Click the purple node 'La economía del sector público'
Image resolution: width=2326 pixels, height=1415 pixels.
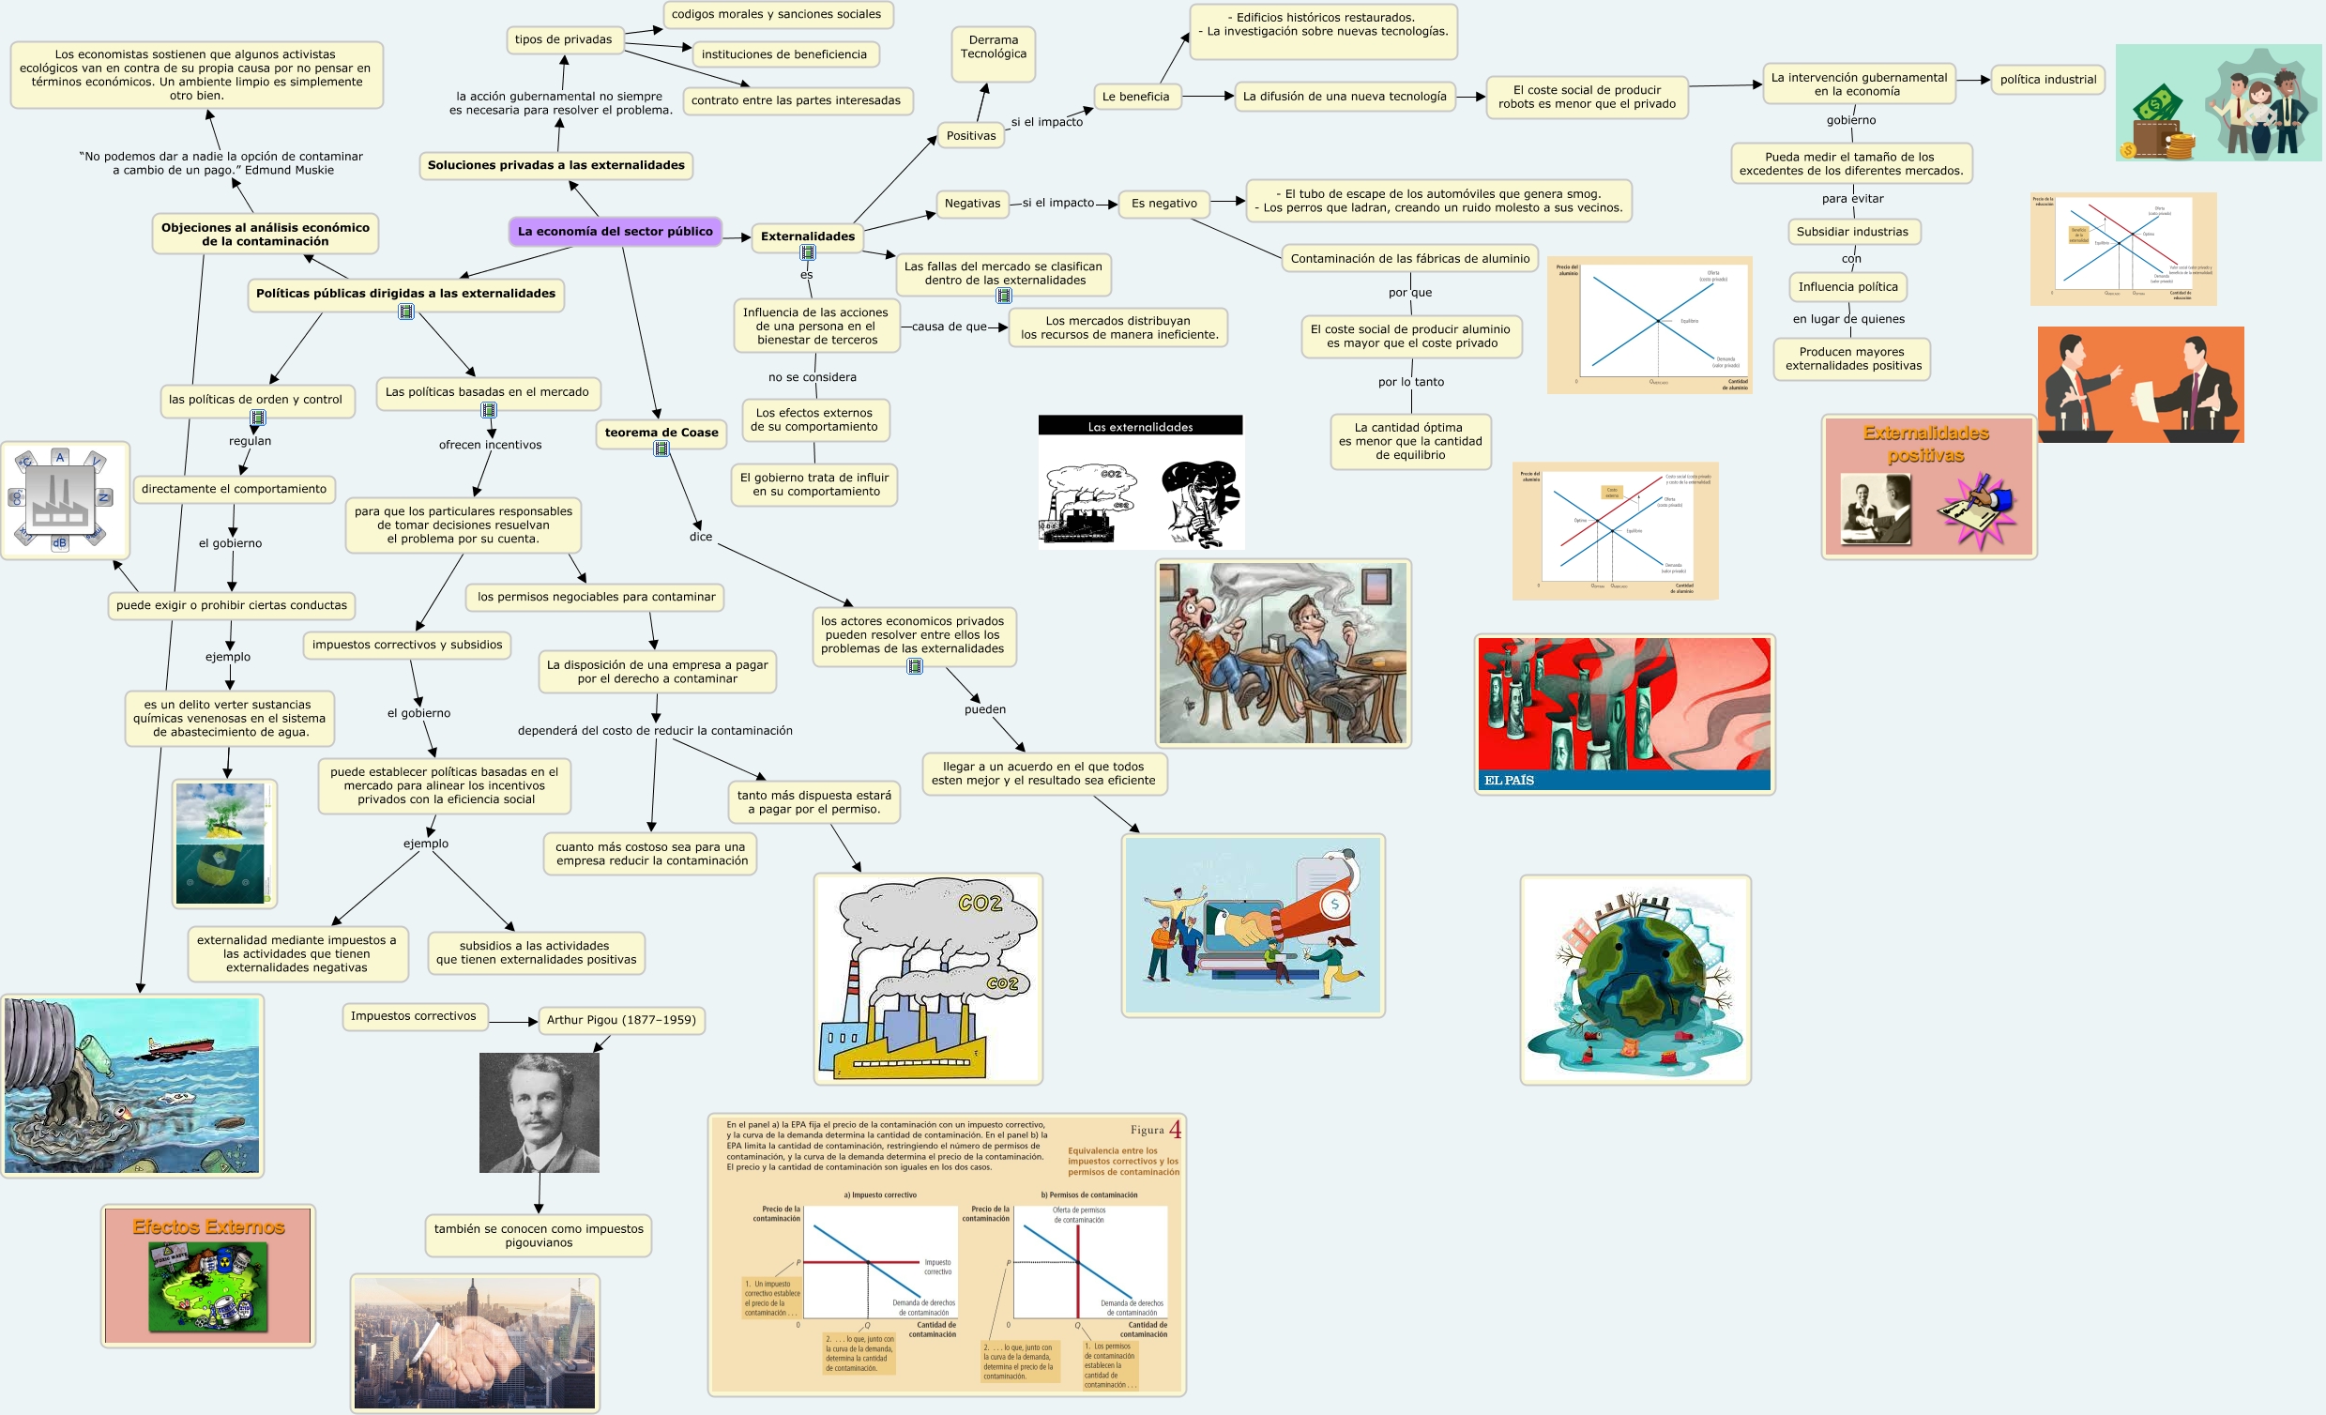click(x=615, y=231)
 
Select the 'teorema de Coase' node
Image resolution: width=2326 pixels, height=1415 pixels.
click(x=661, y=433)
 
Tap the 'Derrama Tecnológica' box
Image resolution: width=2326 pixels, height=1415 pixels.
click(x=993, y=47)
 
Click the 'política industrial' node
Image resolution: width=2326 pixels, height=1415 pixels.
click(x=2047, y=80)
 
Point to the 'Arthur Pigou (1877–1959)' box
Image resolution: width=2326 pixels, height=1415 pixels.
click(x=621, y=1019)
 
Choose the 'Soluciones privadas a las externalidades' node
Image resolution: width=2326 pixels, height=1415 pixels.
click(x=556, y=165)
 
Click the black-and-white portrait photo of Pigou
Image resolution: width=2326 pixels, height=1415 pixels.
click(x=539, y=1112)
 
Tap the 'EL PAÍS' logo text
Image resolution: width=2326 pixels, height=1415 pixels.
click(x=1509, y=780)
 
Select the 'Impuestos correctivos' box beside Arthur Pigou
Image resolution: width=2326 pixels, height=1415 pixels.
click(x=414, y=1015)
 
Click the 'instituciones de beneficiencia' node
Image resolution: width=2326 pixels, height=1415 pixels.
click(x=783, y=54)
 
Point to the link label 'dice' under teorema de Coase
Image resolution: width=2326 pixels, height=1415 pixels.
click(x=701, y=537)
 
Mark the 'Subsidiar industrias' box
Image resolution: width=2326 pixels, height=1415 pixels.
click(x=1852, y=231)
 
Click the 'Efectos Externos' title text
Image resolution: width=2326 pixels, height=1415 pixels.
click(x=208, y=1226)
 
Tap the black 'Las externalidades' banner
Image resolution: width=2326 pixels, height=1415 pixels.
click(x=1140, y=427)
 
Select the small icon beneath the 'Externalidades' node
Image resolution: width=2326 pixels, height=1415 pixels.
click(x=808, y=253)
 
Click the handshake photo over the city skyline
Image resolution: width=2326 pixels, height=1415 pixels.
click(x=475, y=1343)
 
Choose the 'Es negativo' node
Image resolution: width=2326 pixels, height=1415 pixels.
click(x=1164, y=203)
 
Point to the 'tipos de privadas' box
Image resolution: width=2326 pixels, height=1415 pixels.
click(x=563, y=39)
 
